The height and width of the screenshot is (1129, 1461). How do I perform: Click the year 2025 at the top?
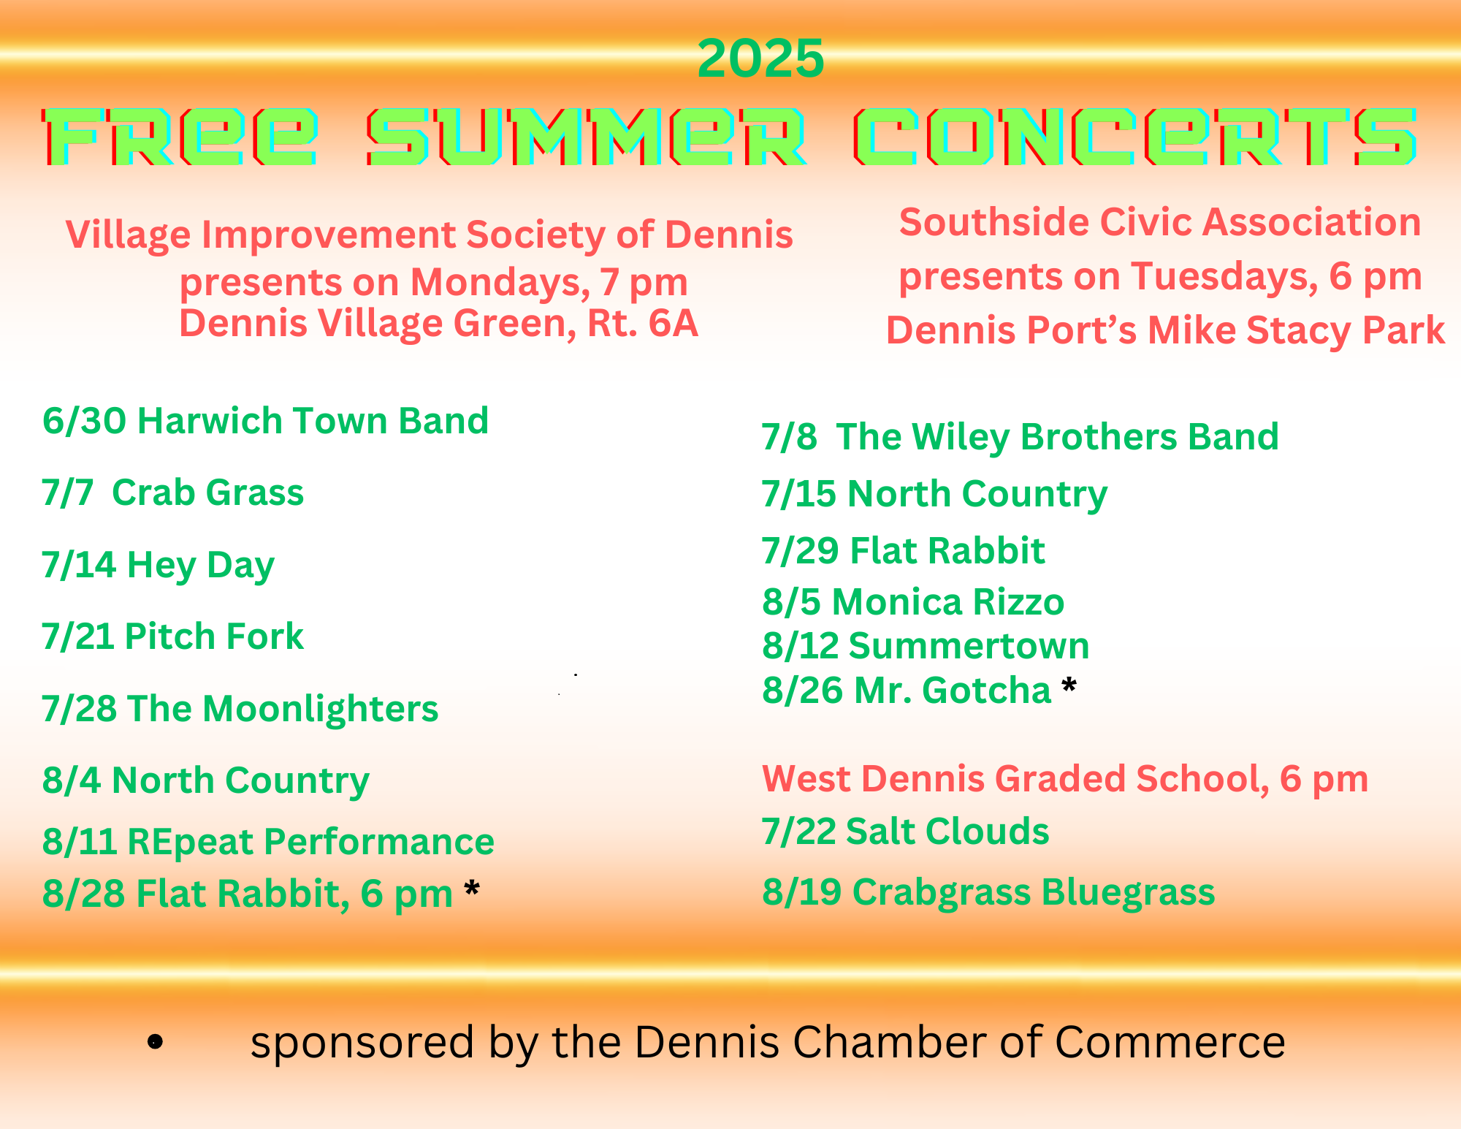pos(760,58)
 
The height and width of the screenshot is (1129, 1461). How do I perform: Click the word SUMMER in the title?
pos(587,137)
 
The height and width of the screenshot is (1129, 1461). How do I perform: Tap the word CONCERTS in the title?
pos(1136,137)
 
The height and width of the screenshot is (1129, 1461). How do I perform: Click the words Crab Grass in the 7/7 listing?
pos(208,493)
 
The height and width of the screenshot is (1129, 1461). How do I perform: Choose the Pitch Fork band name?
pos(214,636)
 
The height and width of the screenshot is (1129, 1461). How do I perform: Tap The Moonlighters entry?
pos(240,709)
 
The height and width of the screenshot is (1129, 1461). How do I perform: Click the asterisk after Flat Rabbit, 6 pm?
pos(472,889)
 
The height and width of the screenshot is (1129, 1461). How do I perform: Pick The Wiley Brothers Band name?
pos(1058,437)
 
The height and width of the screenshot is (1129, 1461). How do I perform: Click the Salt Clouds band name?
pos(947,832)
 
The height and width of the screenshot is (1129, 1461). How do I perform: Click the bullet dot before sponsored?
pos(155,1042)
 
